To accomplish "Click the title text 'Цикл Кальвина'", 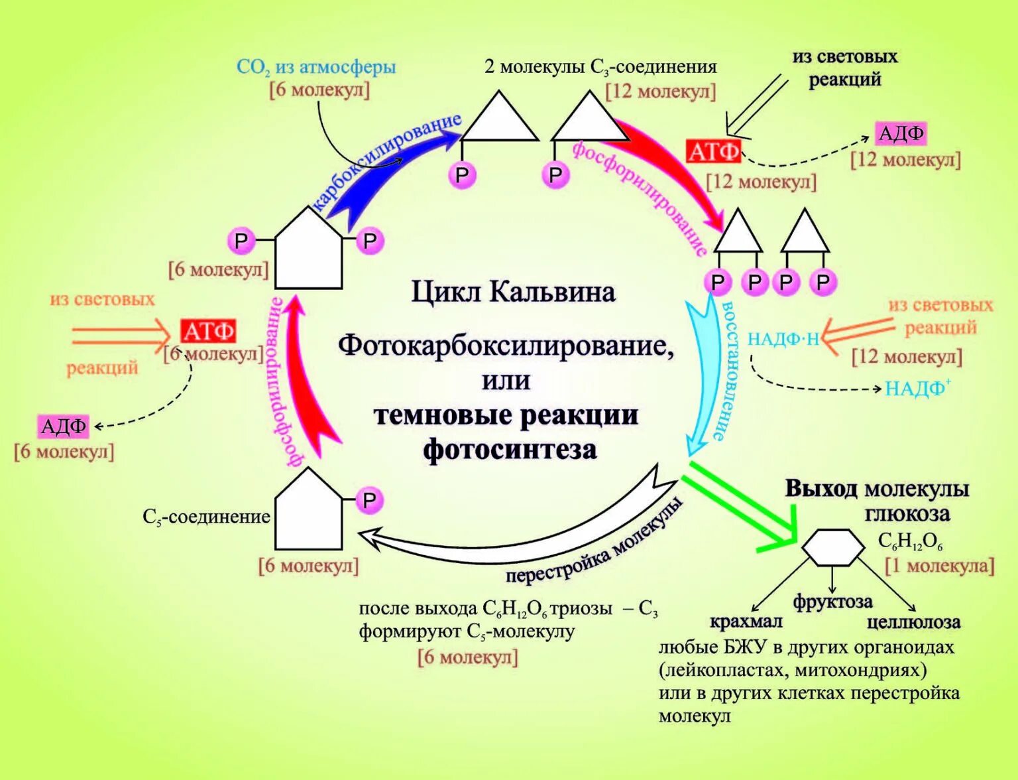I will [513, 292].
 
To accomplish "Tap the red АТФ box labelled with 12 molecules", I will [712, 152].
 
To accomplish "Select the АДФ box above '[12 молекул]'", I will [901, 134].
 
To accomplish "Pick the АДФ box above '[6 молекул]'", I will [64, 426].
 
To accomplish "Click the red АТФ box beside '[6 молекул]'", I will [208, 331].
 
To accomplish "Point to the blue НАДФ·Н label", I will [783, 339].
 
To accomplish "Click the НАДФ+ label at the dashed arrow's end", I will [918, 388].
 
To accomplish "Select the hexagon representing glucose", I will [833, 547].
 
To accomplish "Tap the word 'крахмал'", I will [746, 621].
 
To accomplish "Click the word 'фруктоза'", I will [833, 602].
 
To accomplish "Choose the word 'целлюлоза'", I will [913, 621].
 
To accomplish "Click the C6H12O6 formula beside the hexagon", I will [910, 541].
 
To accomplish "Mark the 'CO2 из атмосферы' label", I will [316, 67].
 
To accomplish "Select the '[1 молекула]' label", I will [940, 566].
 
